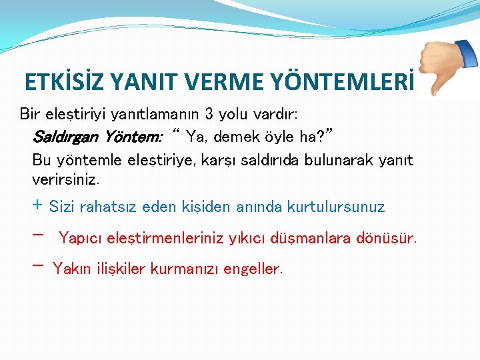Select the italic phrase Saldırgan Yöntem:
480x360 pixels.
point(97,137)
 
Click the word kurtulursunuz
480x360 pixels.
point(335,207)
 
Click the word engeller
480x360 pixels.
point(253,269)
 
